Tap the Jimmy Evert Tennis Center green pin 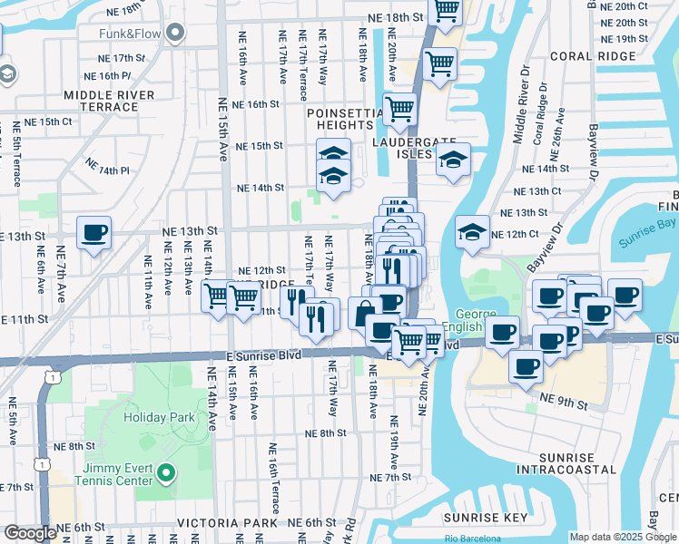click(165, 472)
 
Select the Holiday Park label click(161, 418)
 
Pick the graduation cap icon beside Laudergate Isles click(452, 161)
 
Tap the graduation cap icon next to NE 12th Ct click(472, 233)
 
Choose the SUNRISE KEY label click(486, 518)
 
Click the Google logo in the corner click(30, 533)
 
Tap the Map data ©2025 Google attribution click(623, 537)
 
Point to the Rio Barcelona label click(473, 539)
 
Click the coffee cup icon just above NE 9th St click(526, 366)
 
